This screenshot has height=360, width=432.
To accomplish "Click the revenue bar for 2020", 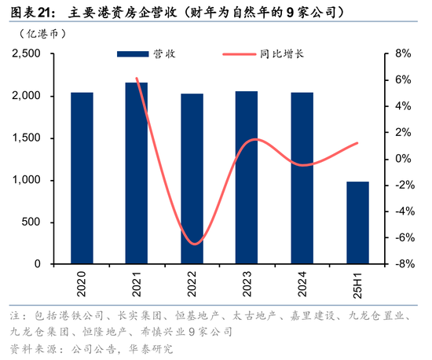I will click(x=82, y=178).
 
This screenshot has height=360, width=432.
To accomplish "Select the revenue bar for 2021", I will click(x=137, y=173).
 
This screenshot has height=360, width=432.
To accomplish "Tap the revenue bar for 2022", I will click(x=192, y=178).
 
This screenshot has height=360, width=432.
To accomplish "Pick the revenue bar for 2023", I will click(x=247, y=177).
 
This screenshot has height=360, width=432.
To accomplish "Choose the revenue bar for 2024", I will click(x=302, y=178).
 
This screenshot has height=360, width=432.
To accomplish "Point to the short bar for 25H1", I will click(x=357, y=222).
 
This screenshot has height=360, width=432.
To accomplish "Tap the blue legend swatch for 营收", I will click(x=131, y=54).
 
